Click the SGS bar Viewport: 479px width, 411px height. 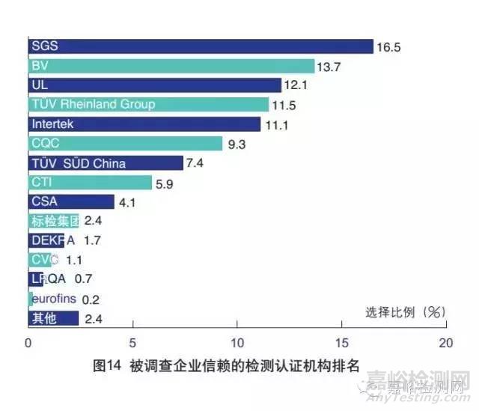(201, 46)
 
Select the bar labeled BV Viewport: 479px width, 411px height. (171, 66)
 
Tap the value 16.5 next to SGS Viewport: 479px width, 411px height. (389, 46)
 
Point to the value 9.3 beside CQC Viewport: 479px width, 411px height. (238, 144)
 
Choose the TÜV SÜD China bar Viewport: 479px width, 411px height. (106, 163)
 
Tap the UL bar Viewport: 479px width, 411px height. (155, 85)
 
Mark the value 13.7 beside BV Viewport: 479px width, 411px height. (330, 67)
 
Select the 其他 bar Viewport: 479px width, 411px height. (53, 319)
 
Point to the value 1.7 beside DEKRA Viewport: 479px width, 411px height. (92, 241)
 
